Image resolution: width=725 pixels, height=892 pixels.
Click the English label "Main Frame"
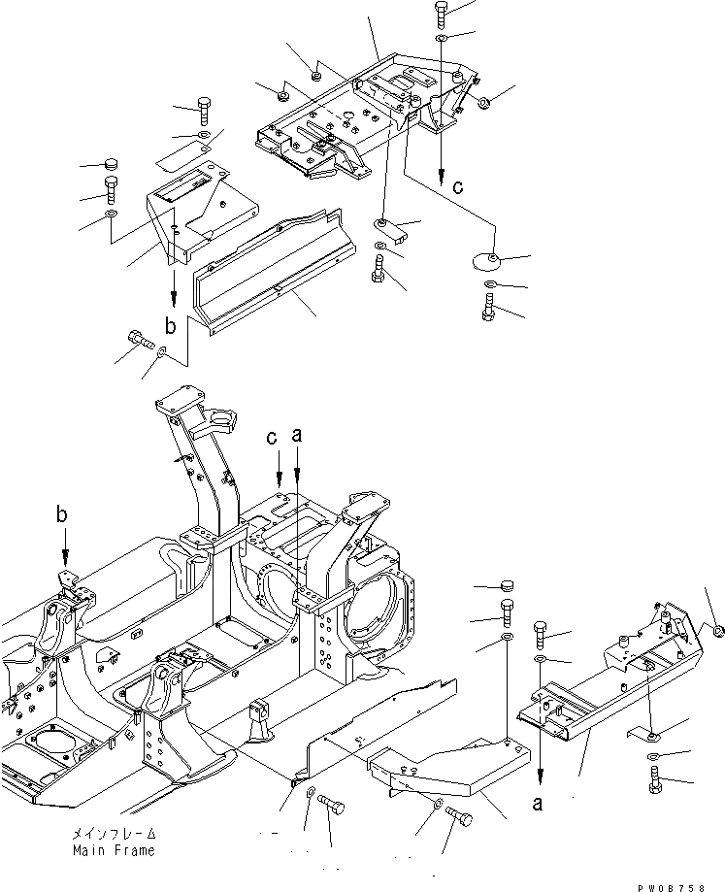point(113,851)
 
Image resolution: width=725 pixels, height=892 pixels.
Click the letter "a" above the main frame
point(298,438)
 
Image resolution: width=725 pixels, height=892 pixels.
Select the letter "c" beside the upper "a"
point(276,438)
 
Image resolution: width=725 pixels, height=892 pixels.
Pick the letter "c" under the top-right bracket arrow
point(458,187)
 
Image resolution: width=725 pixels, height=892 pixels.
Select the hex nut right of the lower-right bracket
point(716,632)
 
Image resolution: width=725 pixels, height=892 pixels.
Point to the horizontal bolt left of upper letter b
point(139,340)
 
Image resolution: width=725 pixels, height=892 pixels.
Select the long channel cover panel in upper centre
point(267,268)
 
